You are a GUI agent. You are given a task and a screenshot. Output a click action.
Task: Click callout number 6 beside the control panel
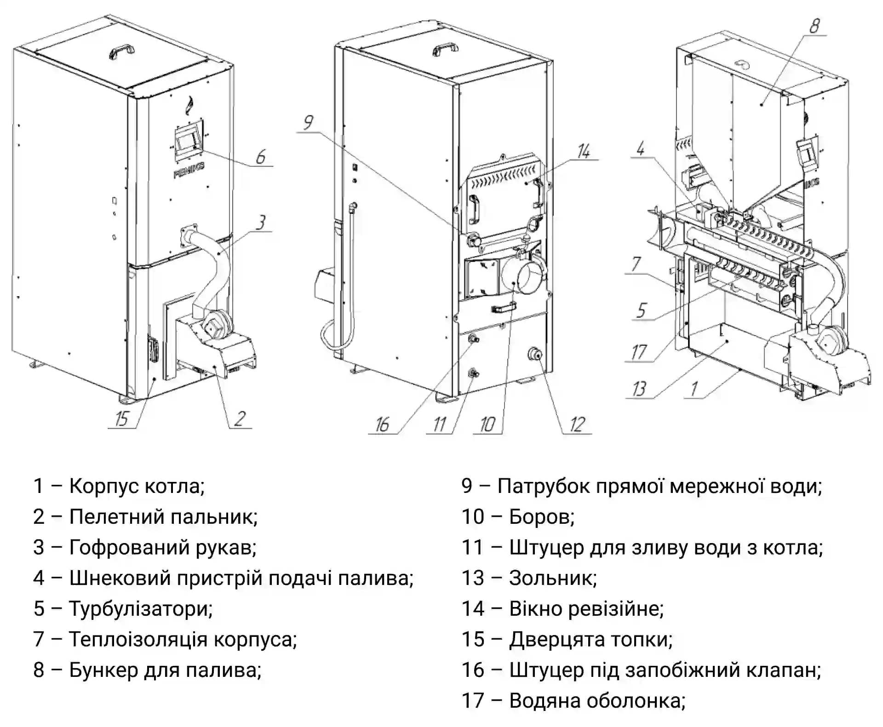tap(261, 157)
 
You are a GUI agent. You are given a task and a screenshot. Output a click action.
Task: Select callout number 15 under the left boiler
tap(121, 418)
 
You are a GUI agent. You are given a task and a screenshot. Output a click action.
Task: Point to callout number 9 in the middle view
tap(308, 123)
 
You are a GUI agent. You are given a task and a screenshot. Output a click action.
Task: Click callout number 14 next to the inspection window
tap(584, 151)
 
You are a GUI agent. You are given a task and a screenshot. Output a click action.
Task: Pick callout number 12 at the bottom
tap(577, 424)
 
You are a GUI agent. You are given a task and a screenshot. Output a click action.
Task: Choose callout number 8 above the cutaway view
tap(814, 26)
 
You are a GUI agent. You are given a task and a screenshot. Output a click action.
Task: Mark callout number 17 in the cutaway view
tap(639, 352)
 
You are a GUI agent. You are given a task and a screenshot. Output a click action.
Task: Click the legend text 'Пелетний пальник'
tap(163, 517)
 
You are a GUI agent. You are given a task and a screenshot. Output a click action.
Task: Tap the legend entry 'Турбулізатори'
tap(140, 609)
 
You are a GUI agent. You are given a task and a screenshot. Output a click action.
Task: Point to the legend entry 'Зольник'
tap(552, 578)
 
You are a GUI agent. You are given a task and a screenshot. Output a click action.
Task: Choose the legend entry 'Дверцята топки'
tap(591, 639)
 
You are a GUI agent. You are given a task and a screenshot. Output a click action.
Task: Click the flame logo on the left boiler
tap(189, 105)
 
